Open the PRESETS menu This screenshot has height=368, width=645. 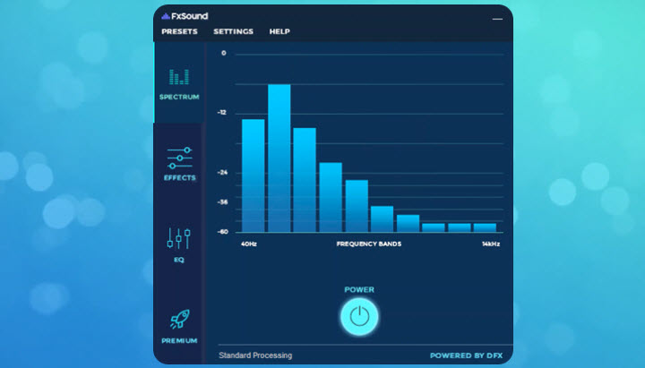(179, 32)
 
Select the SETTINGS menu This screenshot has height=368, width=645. (233, 32)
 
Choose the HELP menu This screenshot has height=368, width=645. (279, 32)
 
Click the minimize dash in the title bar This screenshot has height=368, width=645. (497, 18)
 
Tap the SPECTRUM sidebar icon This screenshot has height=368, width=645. (179, 77)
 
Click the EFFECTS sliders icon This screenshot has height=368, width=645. (179, 158)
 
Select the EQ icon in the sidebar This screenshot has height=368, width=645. (179, 239)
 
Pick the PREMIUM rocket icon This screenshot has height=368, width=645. (179, 321)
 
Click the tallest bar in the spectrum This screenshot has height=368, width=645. (279, 158)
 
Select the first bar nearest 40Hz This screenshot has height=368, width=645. (254, 175)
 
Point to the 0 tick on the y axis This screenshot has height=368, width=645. (224, 54)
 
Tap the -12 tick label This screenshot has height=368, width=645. (222, 113)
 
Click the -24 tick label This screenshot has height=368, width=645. (222, 173)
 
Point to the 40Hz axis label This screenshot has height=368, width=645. (249, 244)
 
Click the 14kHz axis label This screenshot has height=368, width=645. (490, 244)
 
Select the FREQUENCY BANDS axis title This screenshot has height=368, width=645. (369, 244)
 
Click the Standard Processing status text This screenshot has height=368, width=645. (255, 355)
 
